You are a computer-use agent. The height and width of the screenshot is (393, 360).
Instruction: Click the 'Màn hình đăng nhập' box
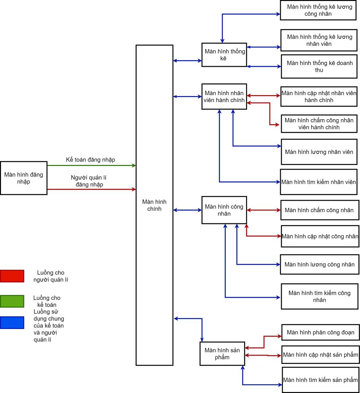[24, 178]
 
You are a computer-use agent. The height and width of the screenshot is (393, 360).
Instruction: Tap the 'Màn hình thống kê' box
[224, 55]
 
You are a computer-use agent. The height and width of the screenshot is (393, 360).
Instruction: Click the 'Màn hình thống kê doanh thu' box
[319, 66]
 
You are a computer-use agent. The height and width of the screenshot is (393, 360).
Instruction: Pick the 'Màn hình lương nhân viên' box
[319, 152]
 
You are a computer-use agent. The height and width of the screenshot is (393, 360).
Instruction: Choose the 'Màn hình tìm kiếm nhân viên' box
[319, 182]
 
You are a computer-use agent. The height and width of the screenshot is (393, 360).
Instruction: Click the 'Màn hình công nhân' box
[224, 210]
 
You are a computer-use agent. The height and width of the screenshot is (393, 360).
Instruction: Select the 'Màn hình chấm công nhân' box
[320, 210]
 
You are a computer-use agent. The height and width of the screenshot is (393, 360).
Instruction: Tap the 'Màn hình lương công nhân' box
[319, 264]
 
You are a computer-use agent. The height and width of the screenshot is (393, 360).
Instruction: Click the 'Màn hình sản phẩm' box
[222, 354]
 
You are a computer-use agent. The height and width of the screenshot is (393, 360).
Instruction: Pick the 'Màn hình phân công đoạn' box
[320, 332]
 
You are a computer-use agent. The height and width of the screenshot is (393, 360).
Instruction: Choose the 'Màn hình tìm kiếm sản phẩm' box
[321, 380]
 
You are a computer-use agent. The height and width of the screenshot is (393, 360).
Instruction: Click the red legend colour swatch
[12, 276]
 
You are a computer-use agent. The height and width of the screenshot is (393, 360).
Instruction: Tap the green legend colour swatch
[12, 301]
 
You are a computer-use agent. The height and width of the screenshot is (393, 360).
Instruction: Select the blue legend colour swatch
[12, 322]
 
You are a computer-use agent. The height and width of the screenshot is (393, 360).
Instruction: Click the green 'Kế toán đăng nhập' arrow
[91, 165]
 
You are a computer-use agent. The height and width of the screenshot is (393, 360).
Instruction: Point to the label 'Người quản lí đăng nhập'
[89, 181]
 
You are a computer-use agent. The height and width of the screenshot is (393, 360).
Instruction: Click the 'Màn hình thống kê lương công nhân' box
[318, 10]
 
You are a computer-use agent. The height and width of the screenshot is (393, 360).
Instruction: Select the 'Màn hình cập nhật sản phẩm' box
[320, 355]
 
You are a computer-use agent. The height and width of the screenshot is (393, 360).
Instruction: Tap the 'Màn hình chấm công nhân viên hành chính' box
[319, 124]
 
